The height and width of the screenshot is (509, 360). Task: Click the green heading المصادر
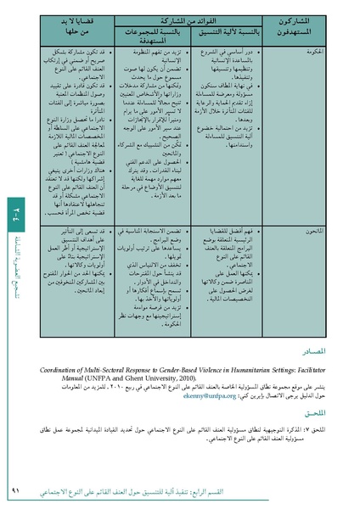pos(308,351)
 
